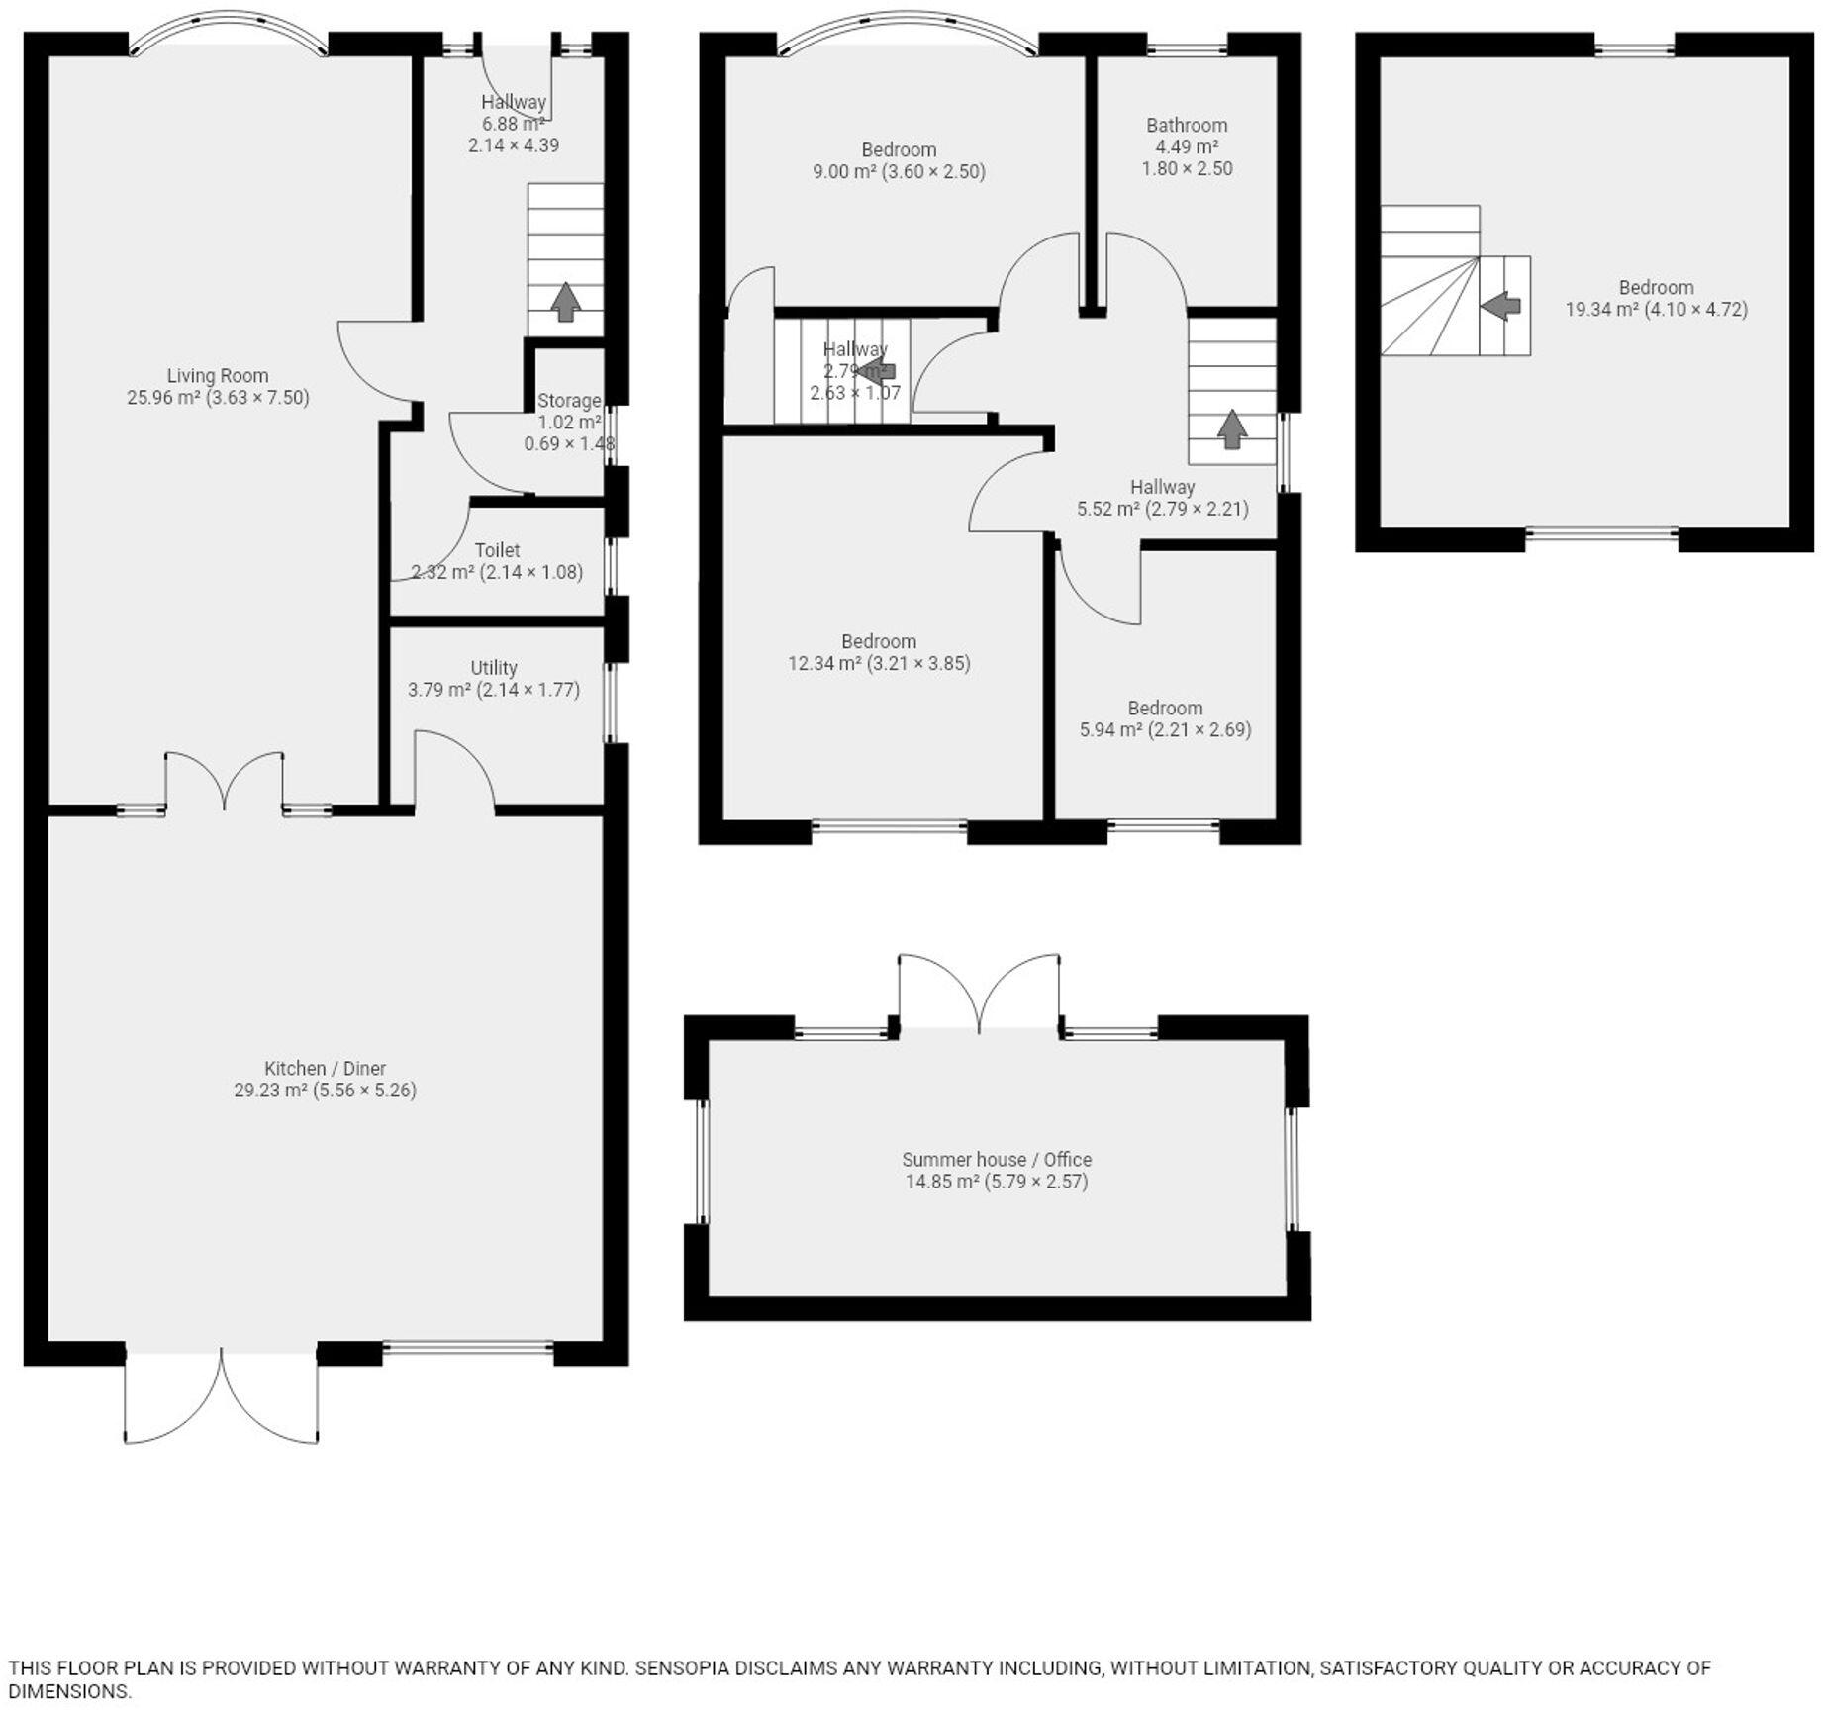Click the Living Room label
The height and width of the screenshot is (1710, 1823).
point(217,375)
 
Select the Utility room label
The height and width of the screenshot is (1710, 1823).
point(493,668)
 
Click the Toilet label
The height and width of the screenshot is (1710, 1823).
point(497,550)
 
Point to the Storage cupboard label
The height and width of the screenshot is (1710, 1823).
point(569,401)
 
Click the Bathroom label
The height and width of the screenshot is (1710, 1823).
point(1187,125)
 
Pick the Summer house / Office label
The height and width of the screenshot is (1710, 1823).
point(996,1159)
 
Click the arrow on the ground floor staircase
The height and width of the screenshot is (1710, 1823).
point(565,302)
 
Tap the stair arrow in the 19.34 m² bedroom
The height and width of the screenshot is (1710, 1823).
point(1501,306)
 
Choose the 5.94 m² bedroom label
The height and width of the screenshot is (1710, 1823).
point(1165,708)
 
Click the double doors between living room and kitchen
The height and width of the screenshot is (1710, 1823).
point(225,782)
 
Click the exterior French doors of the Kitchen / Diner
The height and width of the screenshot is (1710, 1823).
point(222,1395)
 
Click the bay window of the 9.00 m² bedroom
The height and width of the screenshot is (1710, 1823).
point(909,30)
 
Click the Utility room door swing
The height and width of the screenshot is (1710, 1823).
point(453,768)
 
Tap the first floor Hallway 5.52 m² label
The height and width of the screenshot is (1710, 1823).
point(1162,487)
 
